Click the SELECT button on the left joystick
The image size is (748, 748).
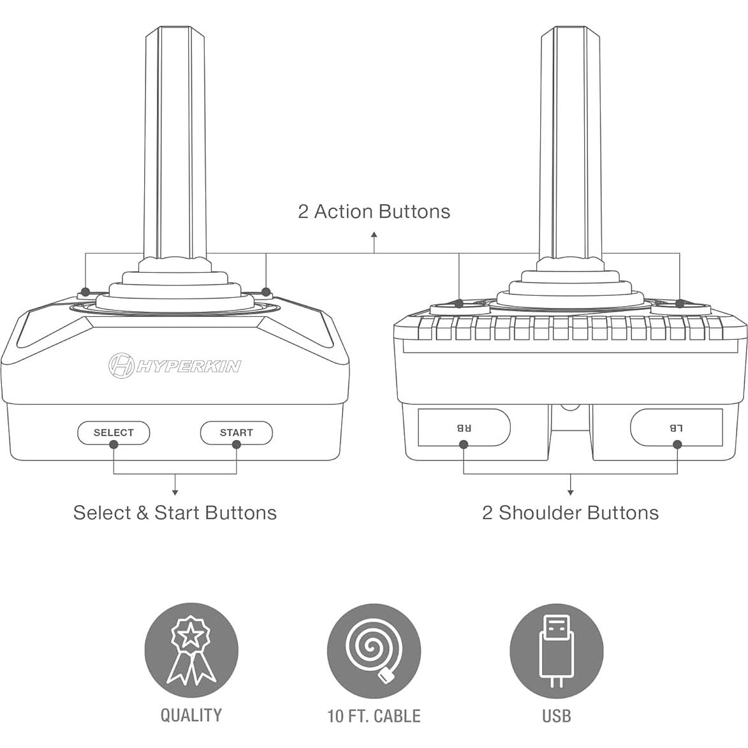(114, 432)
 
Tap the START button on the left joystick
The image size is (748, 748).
(236, 432)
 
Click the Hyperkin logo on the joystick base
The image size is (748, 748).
(174, 365)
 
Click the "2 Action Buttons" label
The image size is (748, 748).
(374, 212)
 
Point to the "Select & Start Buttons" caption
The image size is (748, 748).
(175, 513)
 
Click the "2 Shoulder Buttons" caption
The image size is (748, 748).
(570, 513)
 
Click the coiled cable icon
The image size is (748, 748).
(374, 651)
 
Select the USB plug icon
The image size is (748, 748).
(557, 651)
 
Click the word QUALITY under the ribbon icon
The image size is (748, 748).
(191, 715)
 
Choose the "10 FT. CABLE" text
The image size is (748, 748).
(374, 716)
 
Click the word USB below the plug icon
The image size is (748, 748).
(557, 716)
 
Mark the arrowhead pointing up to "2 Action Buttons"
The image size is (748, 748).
(374, 235)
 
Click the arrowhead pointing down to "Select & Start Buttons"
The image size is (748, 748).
(175, 492)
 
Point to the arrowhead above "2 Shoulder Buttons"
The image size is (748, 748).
(570, 492)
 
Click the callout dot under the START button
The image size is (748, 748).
(236, 444)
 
